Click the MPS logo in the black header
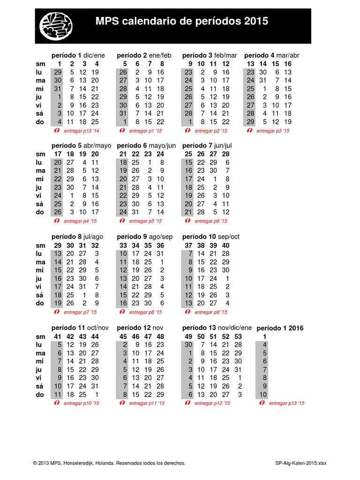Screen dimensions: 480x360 click(56, 25)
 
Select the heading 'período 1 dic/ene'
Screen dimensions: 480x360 click(78, 55)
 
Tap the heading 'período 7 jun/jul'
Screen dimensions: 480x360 click(207, 146)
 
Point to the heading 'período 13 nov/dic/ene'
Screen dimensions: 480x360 click(217, 328)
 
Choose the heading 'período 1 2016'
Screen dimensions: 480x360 click(280, 328)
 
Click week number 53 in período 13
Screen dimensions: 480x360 click(238, 337)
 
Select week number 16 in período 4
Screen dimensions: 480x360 click(287, 64)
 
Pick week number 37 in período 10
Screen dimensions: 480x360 click(188, 246)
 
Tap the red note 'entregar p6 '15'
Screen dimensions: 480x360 click(211, 221)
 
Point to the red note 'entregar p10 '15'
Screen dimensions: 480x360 click(81, 403)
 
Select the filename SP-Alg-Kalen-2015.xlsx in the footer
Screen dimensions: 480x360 click(301, 463)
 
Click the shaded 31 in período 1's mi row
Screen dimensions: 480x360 click(58, 89)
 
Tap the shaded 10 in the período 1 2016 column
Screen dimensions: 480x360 click(262, 395)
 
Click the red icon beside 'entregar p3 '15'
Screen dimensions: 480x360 click(249, 131)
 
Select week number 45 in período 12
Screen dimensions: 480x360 click(124, 337)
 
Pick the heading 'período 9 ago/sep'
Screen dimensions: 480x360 click(144, 237)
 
